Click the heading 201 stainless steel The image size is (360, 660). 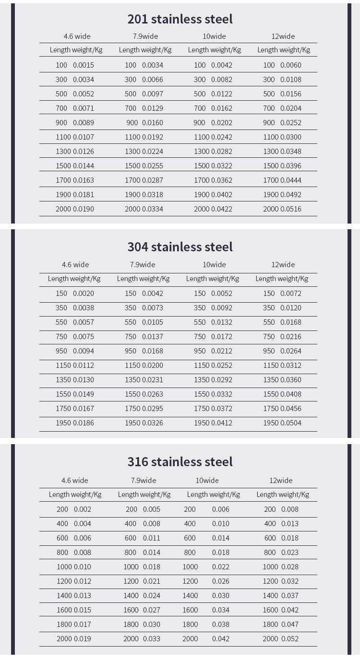[x=180, y=19]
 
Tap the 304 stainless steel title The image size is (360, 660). [x=180, y=247]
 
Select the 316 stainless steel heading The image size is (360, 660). [x=180, y=462]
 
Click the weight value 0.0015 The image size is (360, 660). [x=84, y=65]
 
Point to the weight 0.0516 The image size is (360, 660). [x=291, y=209]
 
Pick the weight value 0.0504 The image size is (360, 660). [x=291, y=423]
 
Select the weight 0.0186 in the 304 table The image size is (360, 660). [x=84, y=423]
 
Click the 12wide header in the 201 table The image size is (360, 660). [x=283, y=36]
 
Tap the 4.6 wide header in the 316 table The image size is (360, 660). [x=75, y=481]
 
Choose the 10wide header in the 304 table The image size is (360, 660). [x=214, y=265]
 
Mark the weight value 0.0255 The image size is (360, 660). [x=153, y=166]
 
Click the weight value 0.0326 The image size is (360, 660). [x=153, y=423]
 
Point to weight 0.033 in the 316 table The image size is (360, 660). [x=152, y=639]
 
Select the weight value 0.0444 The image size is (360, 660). [x=291, y=180]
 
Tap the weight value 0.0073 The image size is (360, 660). [x=153, y=308]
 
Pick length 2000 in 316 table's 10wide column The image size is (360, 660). [x=190, y=639]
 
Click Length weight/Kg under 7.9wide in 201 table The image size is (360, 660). [x=145, y=50]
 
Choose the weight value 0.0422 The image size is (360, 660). [x=222, y=209]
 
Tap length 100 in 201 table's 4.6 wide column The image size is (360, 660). [x=61, y=65]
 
